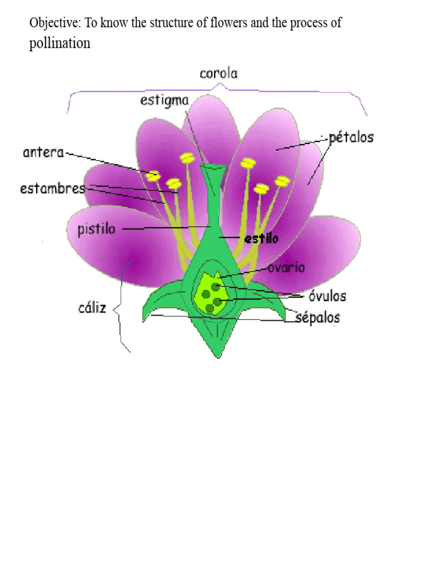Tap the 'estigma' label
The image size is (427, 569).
[165, 101]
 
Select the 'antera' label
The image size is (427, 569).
[44, 152]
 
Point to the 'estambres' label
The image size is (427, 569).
[53, 188]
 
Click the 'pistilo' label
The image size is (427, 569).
[97, 229]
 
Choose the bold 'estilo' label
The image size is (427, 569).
[261, 238]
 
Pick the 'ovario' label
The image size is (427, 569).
[286, 267]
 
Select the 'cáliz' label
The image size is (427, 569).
[92, 308]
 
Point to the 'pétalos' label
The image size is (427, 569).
[351, 137]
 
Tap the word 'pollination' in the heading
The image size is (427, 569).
[59, 44]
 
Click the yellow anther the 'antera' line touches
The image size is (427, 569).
[152, 176]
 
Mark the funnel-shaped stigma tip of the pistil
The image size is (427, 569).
[212, 168]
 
